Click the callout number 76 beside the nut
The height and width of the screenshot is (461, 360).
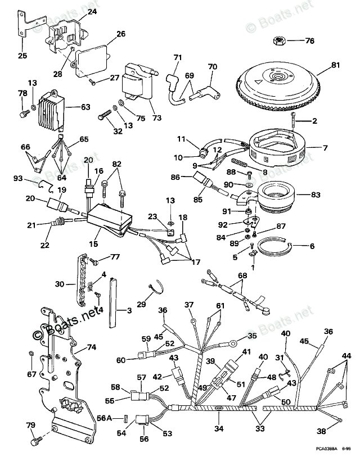pos(310,40)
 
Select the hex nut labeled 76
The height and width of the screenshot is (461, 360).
pos(278,40)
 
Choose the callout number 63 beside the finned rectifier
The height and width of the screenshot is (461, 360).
pos(85,106)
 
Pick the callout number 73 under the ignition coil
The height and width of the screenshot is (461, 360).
pos(156,117)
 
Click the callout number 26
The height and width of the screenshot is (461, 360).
pos(120,34)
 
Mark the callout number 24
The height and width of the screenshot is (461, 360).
pos(92,11)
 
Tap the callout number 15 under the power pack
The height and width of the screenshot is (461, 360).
pos(94,245)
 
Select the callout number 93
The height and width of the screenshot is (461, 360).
pos(18,179)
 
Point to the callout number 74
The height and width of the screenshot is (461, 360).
pos(91,347)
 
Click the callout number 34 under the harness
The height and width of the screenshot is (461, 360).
pos(218,429)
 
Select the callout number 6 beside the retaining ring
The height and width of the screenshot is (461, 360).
pos(312,246)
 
